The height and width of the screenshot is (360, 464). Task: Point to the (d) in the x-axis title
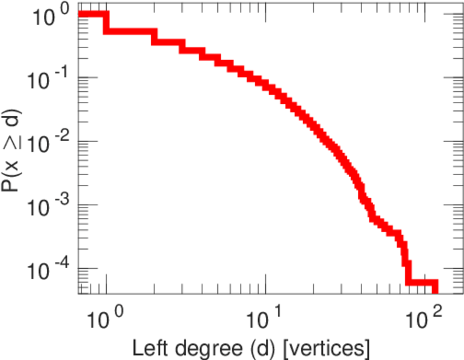tap(255, 347)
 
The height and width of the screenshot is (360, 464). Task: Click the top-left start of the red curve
tap(80, 14)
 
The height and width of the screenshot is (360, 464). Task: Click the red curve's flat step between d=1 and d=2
tap(129, 30)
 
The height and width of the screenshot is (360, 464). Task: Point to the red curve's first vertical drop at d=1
tap(106, 22)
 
